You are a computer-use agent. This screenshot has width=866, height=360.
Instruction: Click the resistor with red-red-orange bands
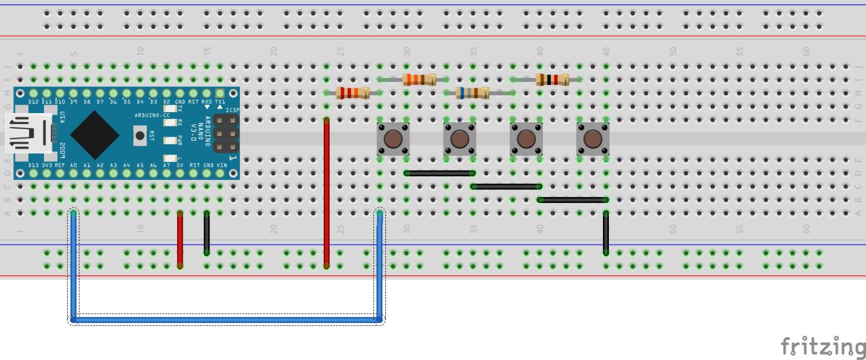(353, 93)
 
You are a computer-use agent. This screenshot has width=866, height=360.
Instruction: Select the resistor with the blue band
(473, 93)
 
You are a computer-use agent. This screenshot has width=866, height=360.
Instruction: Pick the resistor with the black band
(552, 80)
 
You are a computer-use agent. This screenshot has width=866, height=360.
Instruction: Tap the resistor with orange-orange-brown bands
(419, 80)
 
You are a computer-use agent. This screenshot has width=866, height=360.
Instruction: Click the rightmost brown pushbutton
(593, 139)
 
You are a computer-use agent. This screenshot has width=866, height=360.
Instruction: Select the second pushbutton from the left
(460, 139)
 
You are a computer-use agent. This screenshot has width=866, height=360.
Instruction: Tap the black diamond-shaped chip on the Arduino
(95, 135)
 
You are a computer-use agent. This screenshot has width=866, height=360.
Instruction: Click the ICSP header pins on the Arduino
(226, 133)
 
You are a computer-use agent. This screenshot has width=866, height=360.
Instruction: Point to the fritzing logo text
(822, 346)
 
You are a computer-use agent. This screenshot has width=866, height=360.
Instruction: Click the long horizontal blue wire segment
(226, 319)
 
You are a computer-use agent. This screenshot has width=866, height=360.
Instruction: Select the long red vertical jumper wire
(326, 192)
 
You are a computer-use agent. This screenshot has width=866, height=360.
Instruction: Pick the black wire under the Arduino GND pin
(207, 233)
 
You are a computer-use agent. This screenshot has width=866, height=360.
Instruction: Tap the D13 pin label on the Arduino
(34, 165)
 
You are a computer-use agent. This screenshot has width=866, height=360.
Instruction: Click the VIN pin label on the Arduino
(222, 165)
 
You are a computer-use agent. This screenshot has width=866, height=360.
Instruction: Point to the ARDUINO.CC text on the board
(152, 115)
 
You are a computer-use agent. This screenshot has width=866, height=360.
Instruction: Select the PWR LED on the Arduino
(170, 140)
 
